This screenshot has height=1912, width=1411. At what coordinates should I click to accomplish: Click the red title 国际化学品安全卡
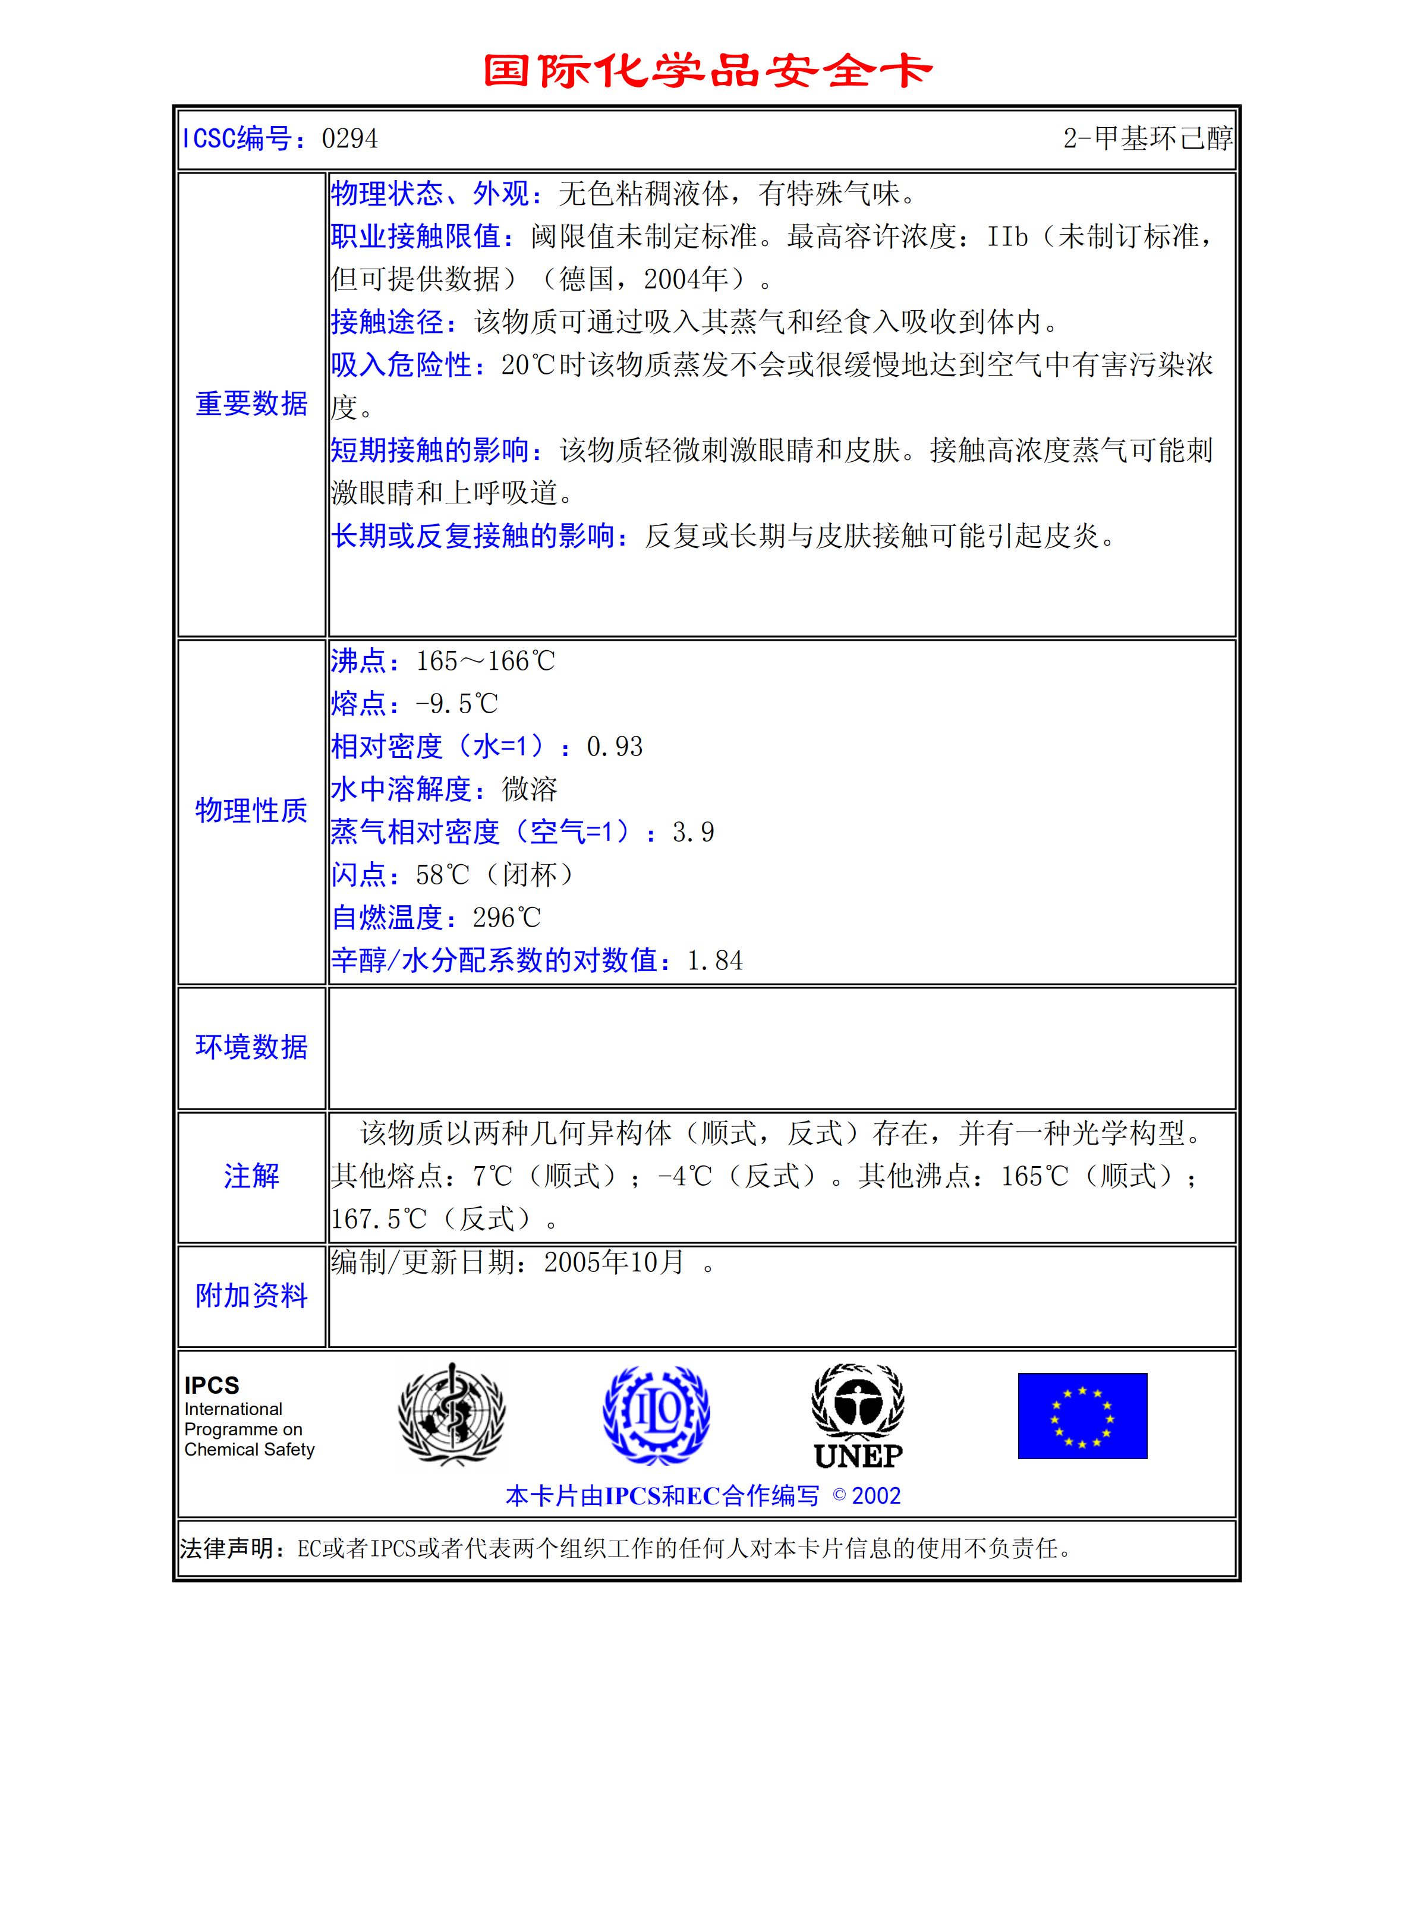tap(707, 70)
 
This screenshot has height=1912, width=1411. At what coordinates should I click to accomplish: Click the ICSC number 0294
tap(349, 138)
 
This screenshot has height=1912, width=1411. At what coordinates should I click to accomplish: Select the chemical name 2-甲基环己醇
tap(1147, 138)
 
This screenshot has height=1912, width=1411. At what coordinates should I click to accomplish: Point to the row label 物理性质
tap(251, 811)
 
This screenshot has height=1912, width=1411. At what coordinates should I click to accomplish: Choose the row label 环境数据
tap(251, 1047)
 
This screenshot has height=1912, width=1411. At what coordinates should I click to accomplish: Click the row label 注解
tap(251, 1176)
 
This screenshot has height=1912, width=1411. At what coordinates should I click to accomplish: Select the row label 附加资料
tap(251, 1296)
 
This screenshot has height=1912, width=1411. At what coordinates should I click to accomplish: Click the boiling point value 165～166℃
tap(485, 661)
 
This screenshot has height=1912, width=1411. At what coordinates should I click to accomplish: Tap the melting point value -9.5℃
tap(456, 704)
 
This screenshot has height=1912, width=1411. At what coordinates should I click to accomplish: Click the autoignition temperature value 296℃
tap(506, 918)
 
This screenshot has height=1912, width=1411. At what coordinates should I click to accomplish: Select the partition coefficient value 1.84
tap(715, 960)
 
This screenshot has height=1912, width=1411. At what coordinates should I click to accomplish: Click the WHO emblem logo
tap(452, 1413)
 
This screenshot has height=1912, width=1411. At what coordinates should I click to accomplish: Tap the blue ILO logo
tap(656, 1414)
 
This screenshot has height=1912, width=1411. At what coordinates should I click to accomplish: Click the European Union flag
tap(1082, 1416)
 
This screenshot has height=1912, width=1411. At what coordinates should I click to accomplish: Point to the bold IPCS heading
tap(212, 1384)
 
